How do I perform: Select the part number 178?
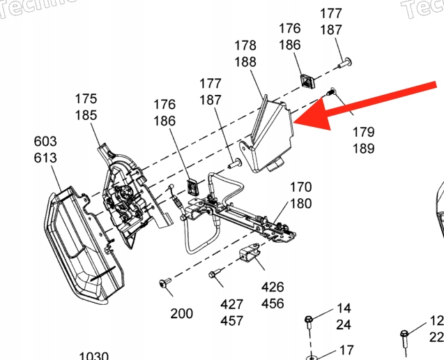tap(245, 45)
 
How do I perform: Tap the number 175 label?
tap(86, 99)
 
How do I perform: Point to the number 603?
tap(45, 141)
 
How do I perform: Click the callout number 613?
tap(45, 158)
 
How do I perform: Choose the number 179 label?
tap(363, 131)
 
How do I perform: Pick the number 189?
tap(363, 148)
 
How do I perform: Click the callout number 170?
tap(300, 188)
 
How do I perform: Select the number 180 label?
tap(300, 204)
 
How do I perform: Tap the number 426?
tap(273, 287)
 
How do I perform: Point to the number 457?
tap(231, 321)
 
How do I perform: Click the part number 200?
tap(182, 313)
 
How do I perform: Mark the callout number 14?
tap(344, 308)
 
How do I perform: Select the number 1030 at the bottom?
tap(93, 356)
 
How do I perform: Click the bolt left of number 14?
tap(308, 322)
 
